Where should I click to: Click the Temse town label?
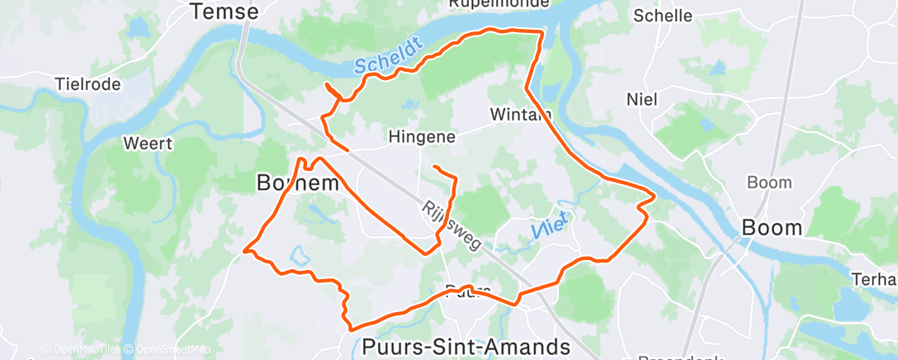[x=224, y=12]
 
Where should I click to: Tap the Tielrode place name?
[x=87, y=84]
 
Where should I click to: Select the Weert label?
[x=147, y=144]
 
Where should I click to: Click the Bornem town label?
[x=298, y=183]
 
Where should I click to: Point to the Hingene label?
[x=422, y=137]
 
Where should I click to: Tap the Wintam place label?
[x=519, y=114]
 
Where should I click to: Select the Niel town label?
[x=641, y=100]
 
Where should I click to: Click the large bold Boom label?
[x=772, y=227]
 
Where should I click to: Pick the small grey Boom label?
[x=768, y=182]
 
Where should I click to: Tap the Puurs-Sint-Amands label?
[x=466, y=346]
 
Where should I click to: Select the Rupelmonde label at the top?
[x=499, y=4]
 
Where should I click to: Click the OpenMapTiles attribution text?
[x=81, y=350]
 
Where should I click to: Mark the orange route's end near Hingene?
[x=434, y=168]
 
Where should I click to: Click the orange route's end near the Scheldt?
[x=327, y=85]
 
